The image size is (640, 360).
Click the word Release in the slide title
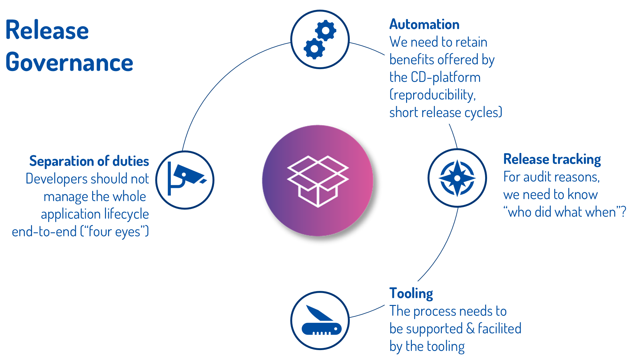coord(47,30)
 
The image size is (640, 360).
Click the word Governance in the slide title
coord(69,62)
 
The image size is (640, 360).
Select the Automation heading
coord(424,25)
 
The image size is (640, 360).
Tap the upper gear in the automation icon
coord(325,31)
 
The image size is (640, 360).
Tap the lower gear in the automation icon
coord(314,49)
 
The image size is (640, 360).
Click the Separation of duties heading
coord(89,161)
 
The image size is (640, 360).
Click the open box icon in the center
coord(318,181)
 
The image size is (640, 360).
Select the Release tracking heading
coord(552,159)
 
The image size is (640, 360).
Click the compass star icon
coord(457,178)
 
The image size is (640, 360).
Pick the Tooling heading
coord(411,293)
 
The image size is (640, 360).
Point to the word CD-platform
coord(446,77)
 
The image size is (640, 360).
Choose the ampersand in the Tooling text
coord(470,329)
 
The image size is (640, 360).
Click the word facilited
coord(500,329)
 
